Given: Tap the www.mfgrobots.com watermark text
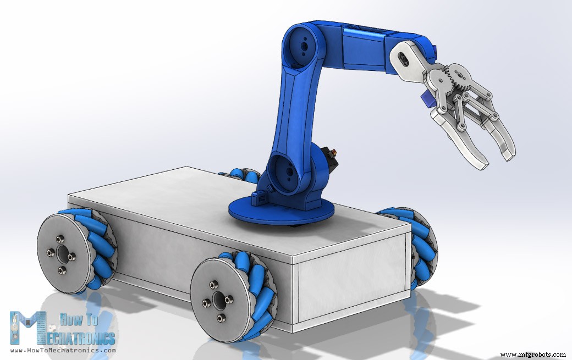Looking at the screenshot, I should (533, 355).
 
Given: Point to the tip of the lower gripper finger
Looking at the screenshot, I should (481, 163).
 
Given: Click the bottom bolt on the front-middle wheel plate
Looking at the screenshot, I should (221, 318).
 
